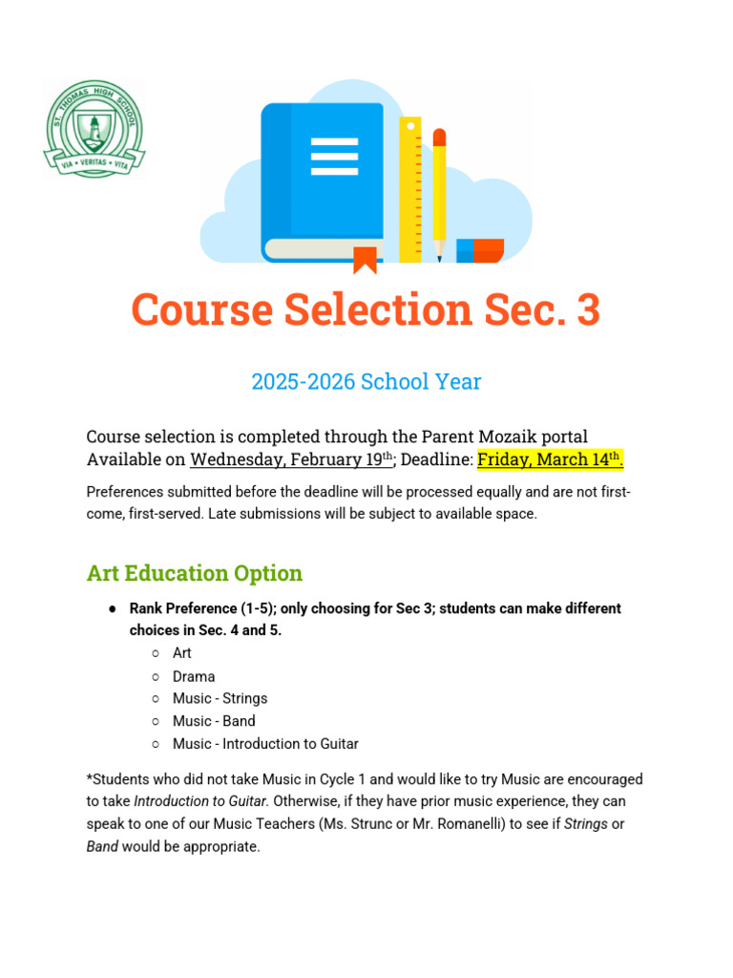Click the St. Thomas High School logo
click(94, 128)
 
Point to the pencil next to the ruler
click(439, 191)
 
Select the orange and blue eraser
click(480, 250)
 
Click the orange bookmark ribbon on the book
click(365, 259)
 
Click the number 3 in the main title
click(588, 310)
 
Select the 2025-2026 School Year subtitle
click(366, 382)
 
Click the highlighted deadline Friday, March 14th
click(550, 459)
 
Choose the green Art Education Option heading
click(195, 573)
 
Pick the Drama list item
click(194, 676)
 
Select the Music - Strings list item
click(220, 698)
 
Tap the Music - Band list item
click(214, 721)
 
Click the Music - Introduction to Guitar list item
click(265, 743)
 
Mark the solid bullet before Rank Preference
click(113, 608)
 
